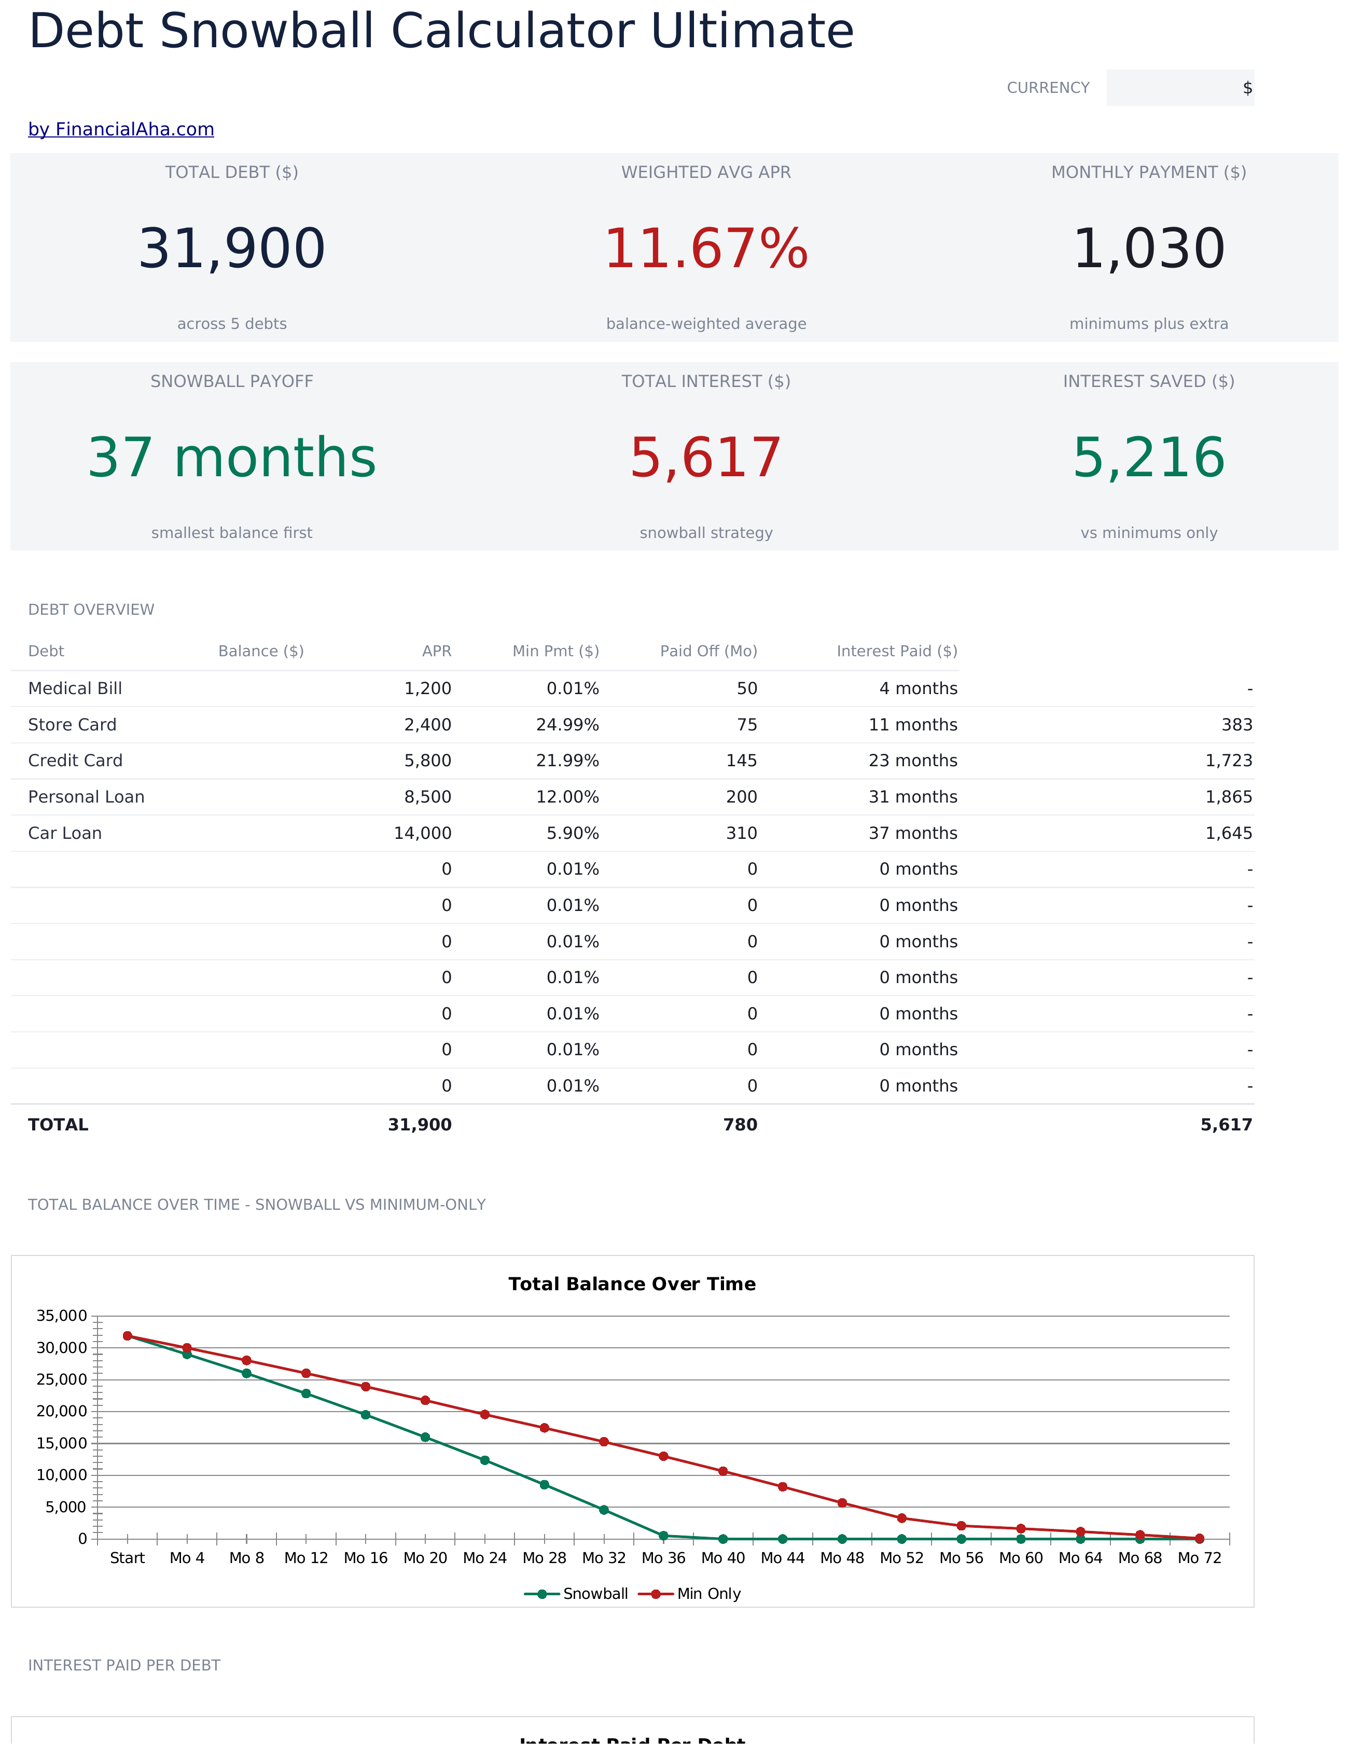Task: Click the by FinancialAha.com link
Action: point(121,129)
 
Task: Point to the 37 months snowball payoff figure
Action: point(232,457)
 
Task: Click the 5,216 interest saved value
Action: point(1149,457)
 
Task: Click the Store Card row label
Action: point(72,724)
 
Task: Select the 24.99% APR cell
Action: point(568,724)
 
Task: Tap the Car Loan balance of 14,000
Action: point(422,833)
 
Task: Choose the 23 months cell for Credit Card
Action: point(913,761)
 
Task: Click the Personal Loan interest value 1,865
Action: point(1229,797)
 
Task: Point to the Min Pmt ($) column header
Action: point(555,651)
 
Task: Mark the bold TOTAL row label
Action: point(58,1124)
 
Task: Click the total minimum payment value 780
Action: point(740,1124)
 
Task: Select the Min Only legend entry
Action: point(690,1593)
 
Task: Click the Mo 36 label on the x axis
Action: point(663,1557)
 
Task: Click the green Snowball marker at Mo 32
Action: point(604,1510)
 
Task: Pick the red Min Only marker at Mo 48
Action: point(842,1502)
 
